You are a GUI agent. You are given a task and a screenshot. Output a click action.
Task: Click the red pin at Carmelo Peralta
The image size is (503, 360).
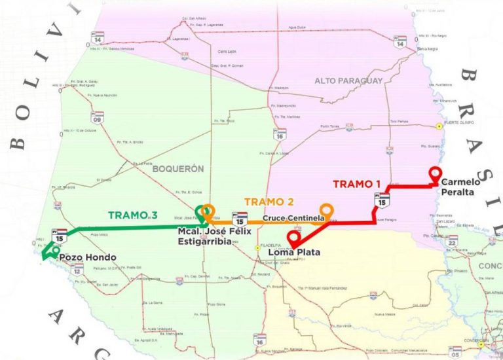pyautogui.click(x=434, y=173)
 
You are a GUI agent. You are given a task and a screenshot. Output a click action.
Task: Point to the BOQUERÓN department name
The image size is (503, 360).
pyautogui.click(x=178, y=168)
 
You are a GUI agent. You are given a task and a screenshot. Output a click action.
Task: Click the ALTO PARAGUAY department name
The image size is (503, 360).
pyautogui.click(x=348, y=81)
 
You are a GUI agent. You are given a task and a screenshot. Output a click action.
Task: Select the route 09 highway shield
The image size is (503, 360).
pyautogui.click(x=98, y=117)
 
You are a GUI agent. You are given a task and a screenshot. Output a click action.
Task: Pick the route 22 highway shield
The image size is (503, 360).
pyautogui.click(x=452, y=242)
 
